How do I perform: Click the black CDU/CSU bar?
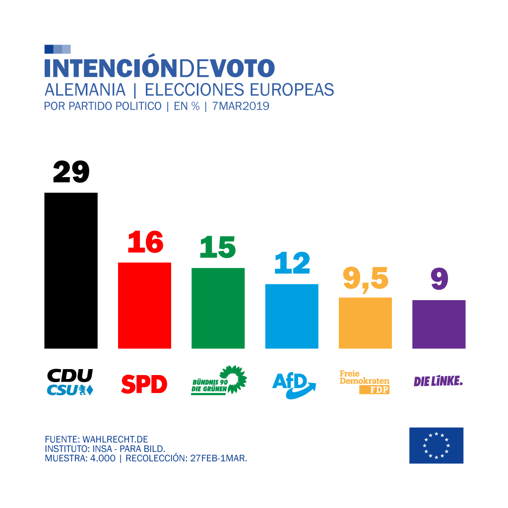pyautogui.click(x=71, y=270)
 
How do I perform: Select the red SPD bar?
pyautogui.click(x=144, y=305)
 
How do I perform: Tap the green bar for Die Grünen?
pyautogui.click(x=218, y=308)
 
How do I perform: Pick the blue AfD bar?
pyautogui.click(x=292, y=316)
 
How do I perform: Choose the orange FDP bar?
pyautogui.click(x=365, y=323)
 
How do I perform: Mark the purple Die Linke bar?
pyautogui.click(x=439, y=324)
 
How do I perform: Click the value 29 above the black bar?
pyautogui.click(x=71, y=172)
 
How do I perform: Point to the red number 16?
pyautogui.click(x=145, y=243)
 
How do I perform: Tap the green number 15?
pyautogui.click(x=218, y=247)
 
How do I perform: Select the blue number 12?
pyautogui.click(x=292, y=263)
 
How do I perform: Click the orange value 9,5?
pyautogui.click(x=366, y=279)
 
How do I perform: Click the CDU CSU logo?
pyautogui.click(x=70, y=382)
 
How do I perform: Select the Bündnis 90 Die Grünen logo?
pyautogui.click(x=219, y=381)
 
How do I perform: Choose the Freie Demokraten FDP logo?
pyautogui.click(x=365, y=382)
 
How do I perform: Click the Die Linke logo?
pyautogui.click(x=438, y=381)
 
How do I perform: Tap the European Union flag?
pyautogui.click(x=436, y=445)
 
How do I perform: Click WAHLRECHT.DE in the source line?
pyautogui.click(x=115, y=440)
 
